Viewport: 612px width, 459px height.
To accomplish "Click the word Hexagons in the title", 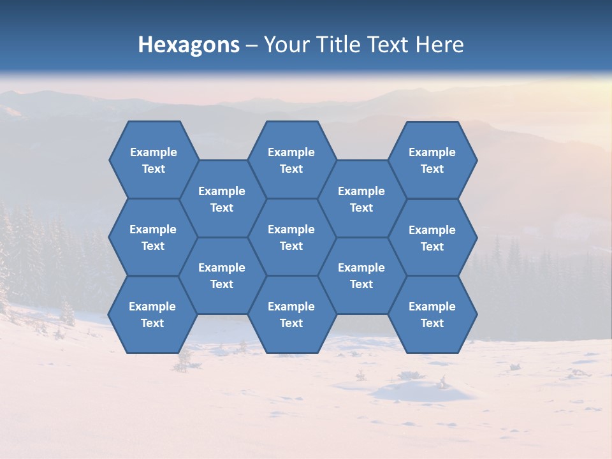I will click(x=189, y=45).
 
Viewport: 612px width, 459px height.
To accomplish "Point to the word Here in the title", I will click(x=440, y=45).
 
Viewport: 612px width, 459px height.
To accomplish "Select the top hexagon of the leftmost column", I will click(x=153, y=160).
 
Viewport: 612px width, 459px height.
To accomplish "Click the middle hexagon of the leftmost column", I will click(x=153, y=237).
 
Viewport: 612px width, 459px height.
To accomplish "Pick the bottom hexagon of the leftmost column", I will click(x=152, y=314).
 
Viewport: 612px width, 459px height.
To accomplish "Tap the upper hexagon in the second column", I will click(x=222, y=199).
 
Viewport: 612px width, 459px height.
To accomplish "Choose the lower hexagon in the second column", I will click(x=222, y=275).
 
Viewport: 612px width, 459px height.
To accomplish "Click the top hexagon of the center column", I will click(x=291, y=160).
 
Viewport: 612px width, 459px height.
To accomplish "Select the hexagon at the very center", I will click(x=291, y=237).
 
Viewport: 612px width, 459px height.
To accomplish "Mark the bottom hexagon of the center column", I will click(x=291, y=314).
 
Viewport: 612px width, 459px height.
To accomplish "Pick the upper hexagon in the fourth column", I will click(x=361, y=199).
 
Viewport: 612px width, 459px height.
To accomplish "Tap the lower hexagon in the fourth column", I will click(x=361, y=275).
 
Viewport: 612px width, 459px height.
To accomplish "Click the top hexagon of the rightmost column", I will click(x=432, y=160).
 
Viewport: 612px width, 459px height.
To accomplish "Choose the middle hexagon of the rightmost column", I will click(x=432, y=238).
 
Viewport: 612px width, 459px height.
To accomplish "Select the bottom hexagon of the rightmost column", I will click(x=432, y=314).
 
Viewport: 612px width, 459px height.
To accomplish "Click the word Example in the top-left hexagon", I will click(x=153, y=152).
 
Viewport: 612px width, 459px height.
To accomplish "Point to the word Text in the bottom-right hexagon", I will click(x=432, y=323).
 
